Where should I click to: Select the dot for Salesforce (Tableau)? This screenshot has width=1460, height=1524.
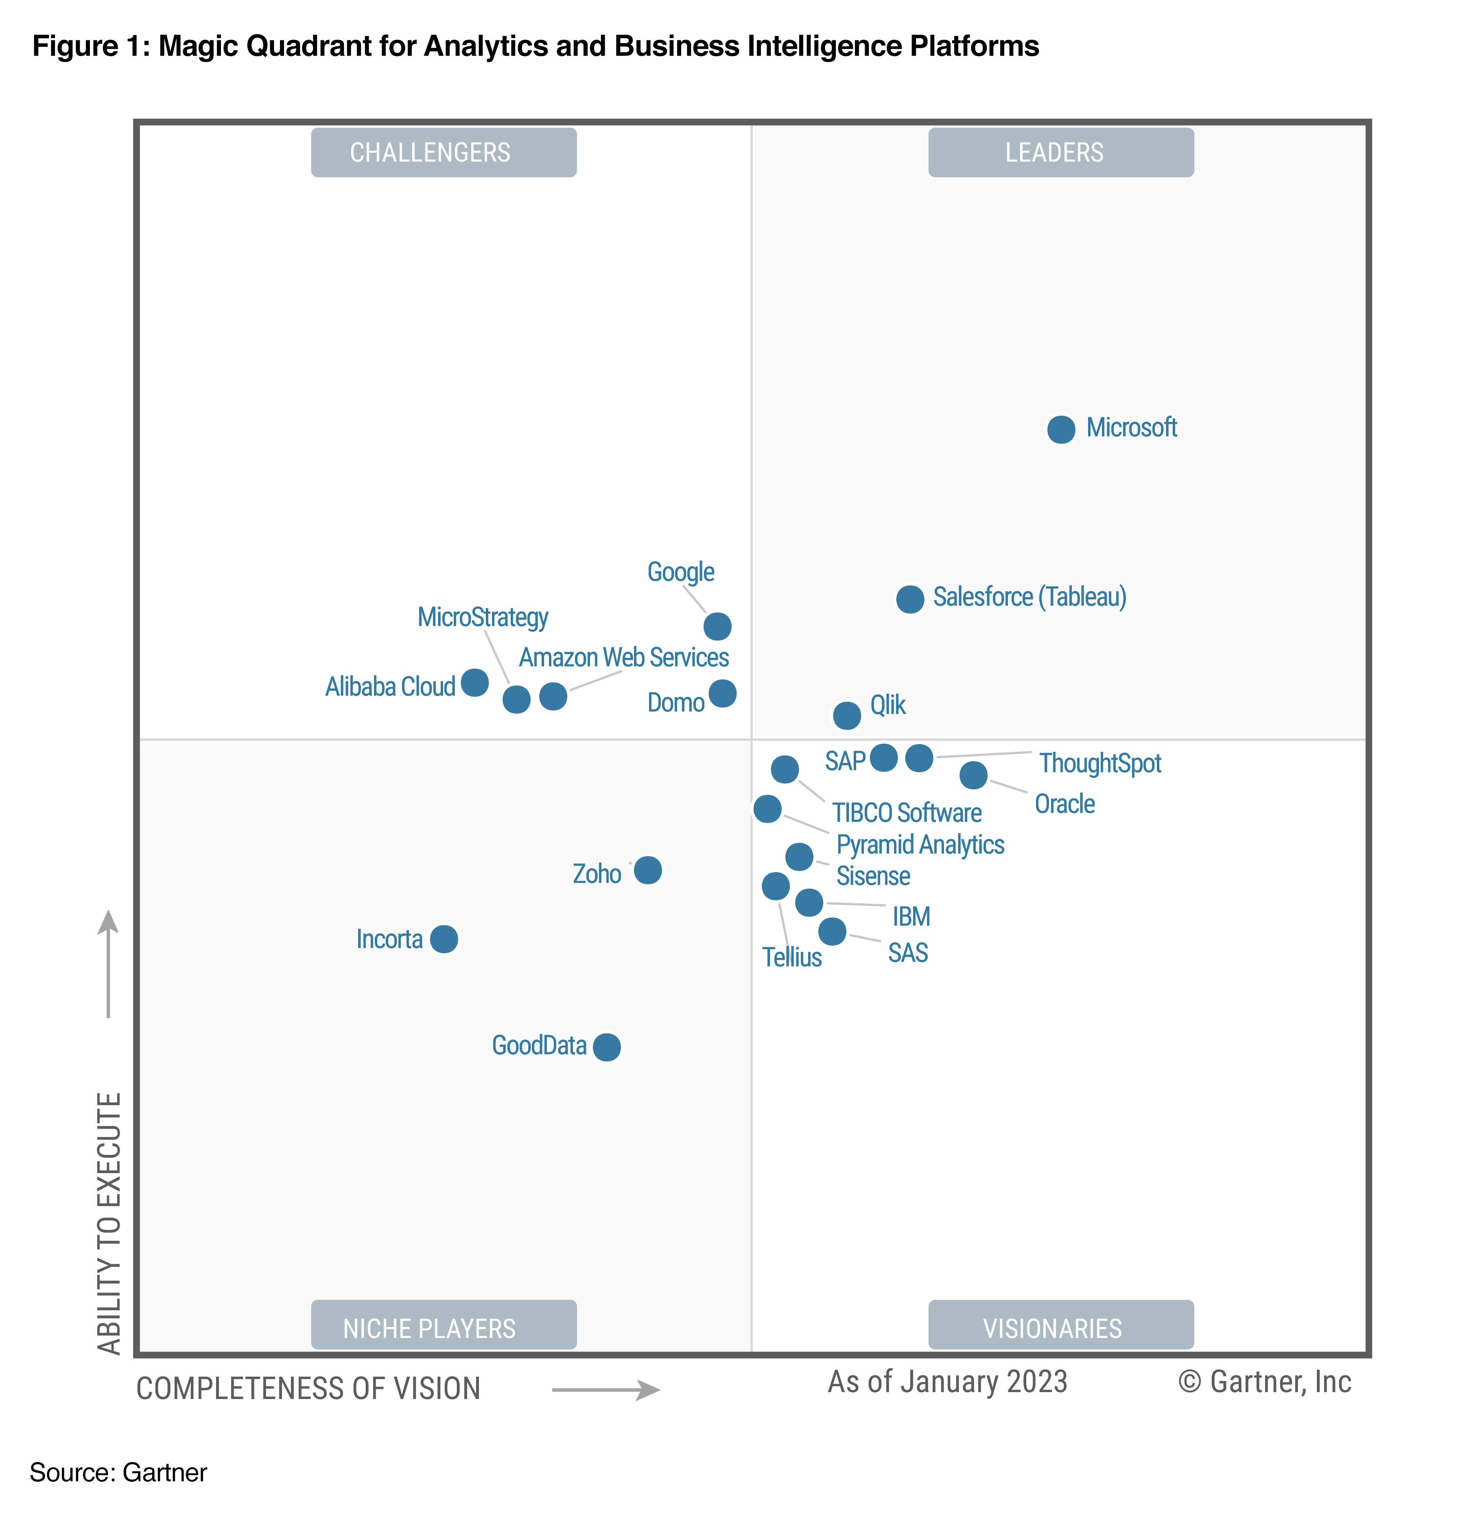[x=909, y=599]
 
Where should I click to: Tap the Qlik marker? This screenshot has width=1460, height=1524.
[x=847, y=714]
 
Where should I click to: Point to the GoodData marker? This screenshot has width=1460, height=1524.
[x=606, y=1047]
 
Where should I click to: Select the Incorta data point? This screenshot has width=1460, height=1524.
[x=444, y=939]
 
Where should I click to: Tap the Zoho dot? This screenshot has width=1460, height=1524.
[x=647, y=870]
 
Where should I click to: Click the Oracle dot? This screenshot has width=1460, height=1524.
[x=973, y=775]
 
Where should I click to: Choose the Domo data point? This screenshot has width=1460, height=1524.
[x=722, y=693]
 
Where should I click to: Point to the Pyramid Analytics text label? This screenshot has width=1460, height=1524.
[x=920, y=844]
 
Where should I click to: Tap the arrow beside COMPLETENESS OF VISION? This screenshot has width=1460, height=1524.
[x=605, y=1390]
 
